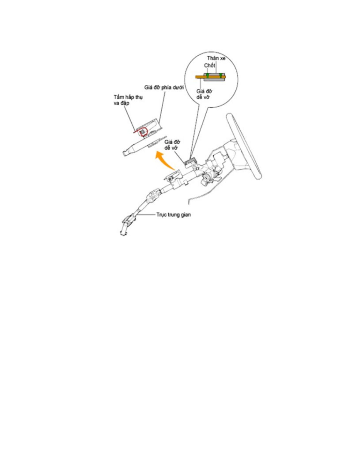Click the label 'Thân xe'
216,58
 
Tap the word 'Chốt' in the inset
209,65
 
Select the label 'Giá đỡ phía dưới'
164,88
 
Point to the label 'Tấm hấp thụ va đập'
128,100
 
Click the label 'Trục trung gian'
174,215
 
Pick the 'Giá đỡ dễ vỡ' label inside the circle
204,94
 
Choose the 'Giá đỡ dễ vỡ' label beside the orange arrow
172,145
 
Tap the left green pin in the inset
207,75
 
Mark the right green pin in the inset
221,75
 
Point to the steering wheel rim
244,146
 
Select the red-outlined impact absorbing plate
143,132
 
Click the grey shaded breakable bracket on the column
191,161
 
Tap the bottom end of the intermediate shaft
123,234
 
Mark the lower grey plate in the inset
214,80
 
